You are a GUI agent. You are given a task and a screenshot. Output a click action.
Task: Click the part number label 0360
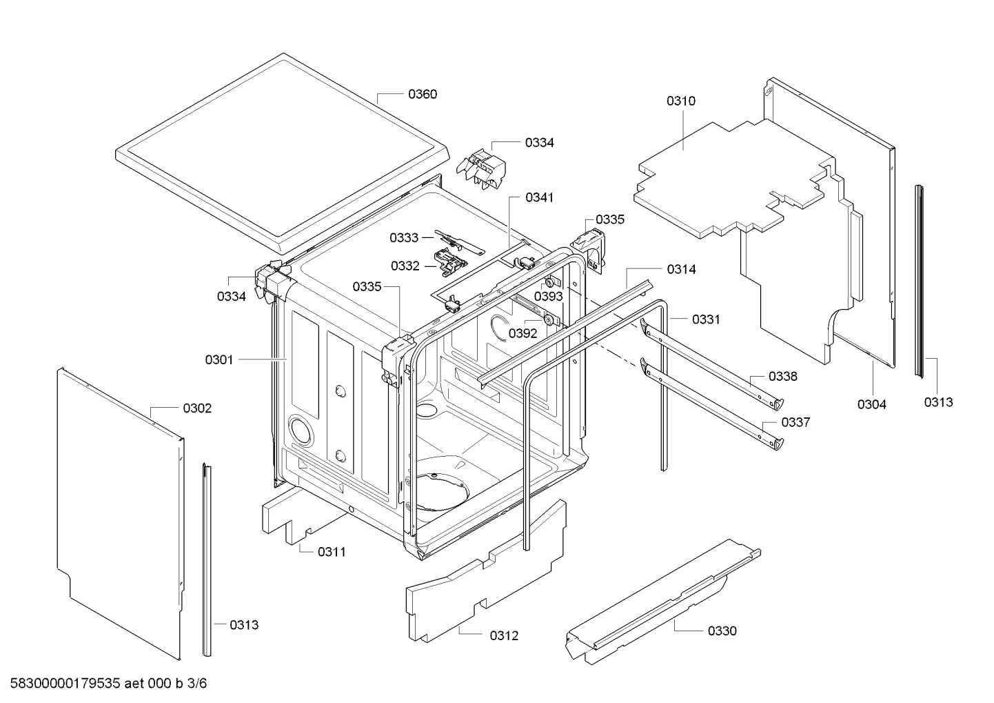coord(423,95)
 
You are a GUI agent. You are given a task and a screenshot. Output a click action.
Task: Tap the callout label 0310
coord(680,101)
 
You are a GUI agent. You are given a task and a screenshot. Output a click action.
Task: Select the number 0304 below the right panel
coord(871,404)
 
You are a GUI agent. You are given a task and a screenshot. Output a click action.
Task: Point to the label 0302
coord(197,408)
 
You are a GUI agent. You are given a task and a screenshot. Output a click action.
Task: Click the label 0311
coord(332,552)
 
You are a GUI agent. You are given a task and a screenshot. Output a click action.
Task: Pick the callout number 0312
coord(504,636)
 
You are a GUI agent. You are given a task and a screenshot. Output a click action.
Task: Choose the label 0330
coord(722,631)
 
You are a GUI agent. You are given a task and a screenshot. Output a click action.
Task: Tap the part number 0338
coord(783,377)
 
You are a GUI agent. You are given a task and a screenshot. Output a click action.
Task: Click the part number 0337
coord(795,422)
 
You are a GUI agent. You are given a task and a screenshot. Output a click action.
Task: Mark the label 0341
coord(539,197)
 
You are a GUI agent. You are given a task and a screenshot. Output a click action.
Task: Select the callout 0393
coord(549,297)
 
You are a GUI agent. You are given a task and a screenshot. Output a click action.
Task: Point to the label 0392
coord(523,333)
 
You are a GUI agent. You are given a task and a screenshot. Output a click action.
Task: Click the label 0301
coord(219,359)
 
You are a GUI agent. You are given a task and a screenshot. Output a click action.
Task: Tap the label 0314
coord(681,270)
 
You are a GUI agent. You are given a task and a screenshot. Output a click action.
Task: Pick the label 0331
coord(706,319)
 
